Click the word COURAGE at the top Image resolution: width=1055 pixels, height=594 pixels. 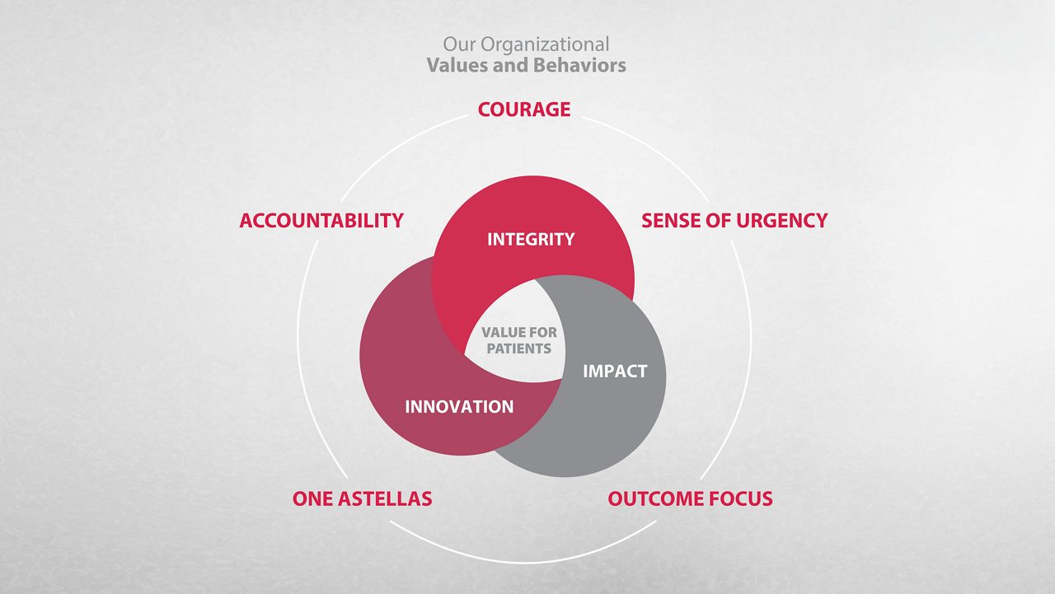click(x=524, y=110)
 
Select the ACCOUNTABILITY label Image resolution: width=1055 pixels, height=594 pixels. click(x=321, y=221)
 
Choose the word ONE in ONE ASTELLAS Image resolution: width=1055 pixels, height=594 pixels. click(x=312, y=499)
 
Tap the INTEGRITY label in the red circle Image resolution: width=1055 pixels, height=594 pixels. click(x=531, y=240)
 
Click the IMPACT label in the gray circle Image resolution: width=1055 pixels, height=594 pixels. click(x=615, y=372)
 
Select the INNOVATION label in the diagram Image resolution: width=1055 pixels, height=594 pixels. click(x=459, y=407)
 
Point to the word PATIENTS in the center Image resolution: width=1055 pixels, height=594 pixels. click(x=518, y=348)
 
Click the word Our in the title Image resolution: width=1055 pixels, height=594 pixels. click(x=460, y=44)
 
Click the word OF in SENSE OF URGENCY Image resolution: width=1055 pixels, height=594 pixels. click(x=715, y=221)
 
